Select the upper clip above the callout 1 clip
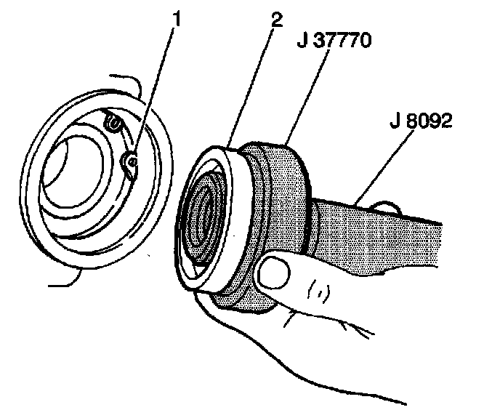tap(112, 124)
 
